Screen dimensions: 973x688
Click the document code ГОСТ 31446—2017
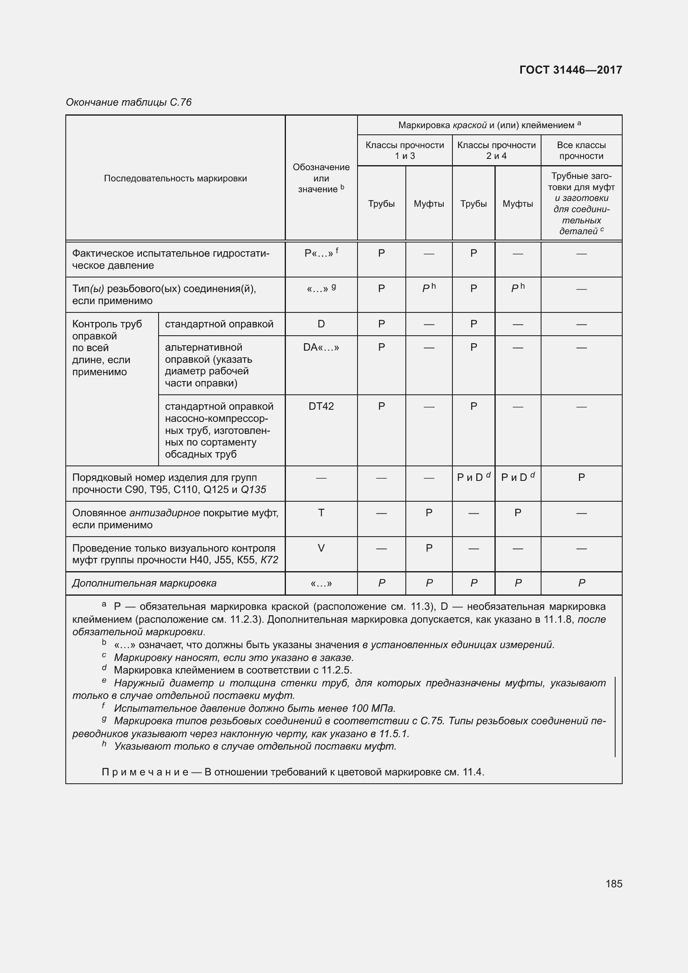(x=570, y=70)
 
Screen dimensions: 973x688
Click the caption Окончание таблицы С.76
(x=129, y=102)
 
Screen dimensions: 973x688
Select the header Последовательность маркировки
(x=175, y=178)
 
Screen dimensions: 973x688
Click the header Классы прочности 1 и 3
(x=405, y=151)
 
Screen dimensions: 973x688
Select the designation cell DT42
(x=321, y=406)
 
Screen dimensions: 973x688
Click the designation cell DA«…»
(x=321, y=347)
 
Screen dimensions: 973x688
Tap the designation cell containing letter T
(x=321, y=513)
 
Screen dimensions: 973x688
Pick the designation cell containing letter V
(x=321, y=548)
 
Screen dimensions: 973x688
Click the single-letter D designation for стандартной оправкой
(x=321, y=324)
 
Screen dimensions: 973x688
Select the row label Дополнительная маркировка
(x=144, y=583)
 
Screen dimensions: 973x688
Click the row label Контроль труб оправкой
(x=107, y=330)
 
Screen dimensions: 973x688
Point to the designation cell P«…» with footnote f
(x=321, y=253)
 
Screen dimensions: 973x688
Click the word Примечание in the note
(x=145, y=772)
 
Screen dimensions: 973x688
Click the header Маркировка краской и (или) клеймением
(x=489, y=125)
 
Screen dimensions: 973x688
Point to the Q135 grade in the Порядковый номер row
(x=253, y=490)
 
